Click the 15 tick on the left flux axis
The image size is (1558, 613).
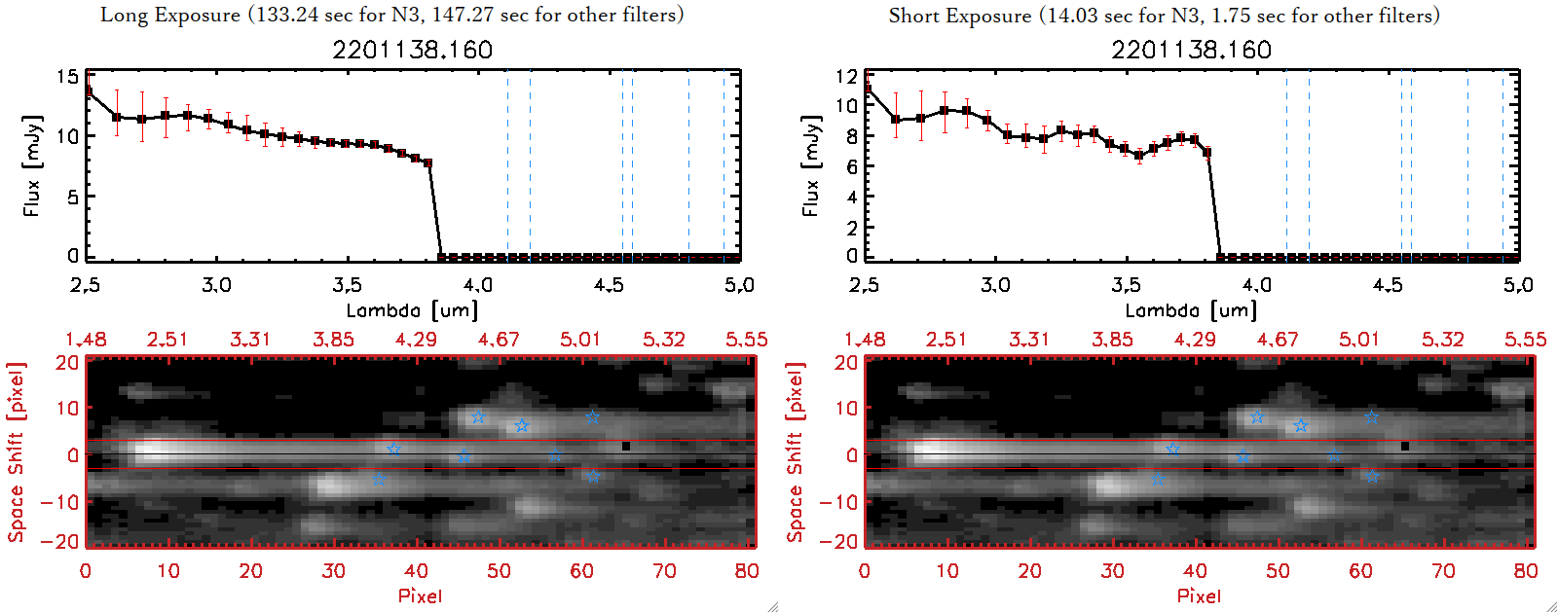point(67,77)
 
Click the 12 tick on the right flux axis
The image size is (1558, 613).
point(846,76)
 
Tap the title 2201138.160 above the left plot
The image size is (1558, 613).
point(412,50)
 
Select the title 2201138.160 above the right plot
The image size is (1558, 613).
point(1191,50)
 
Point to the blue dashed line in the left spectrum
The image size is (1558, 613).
point(530,165)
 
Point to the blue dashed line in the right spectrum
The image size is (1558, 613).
point(1309,165)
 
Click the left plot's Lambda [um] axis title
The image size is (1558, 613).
point(412,310)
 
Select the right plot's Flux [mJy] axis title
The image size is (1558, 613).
point(810,165)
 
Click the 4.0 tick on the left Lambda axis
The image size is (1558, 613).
point(477,285)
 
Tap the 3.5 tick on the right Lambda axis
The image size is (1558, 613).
point(1126,285)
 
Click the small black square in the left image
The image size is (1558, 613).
point(626,446)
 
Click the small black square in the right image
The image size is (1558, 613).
point(1405,446)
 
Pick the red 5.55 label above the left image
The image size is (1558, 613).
point(746,340)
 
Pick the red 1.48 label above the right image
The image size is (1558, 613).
point(865,340)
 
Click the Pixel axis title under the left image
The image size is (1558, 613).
point(420,595)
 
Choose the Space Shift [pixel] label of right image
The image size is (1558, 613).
point(796,452)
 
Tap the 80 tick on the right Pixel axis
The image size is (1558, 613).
point(1526,571)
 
